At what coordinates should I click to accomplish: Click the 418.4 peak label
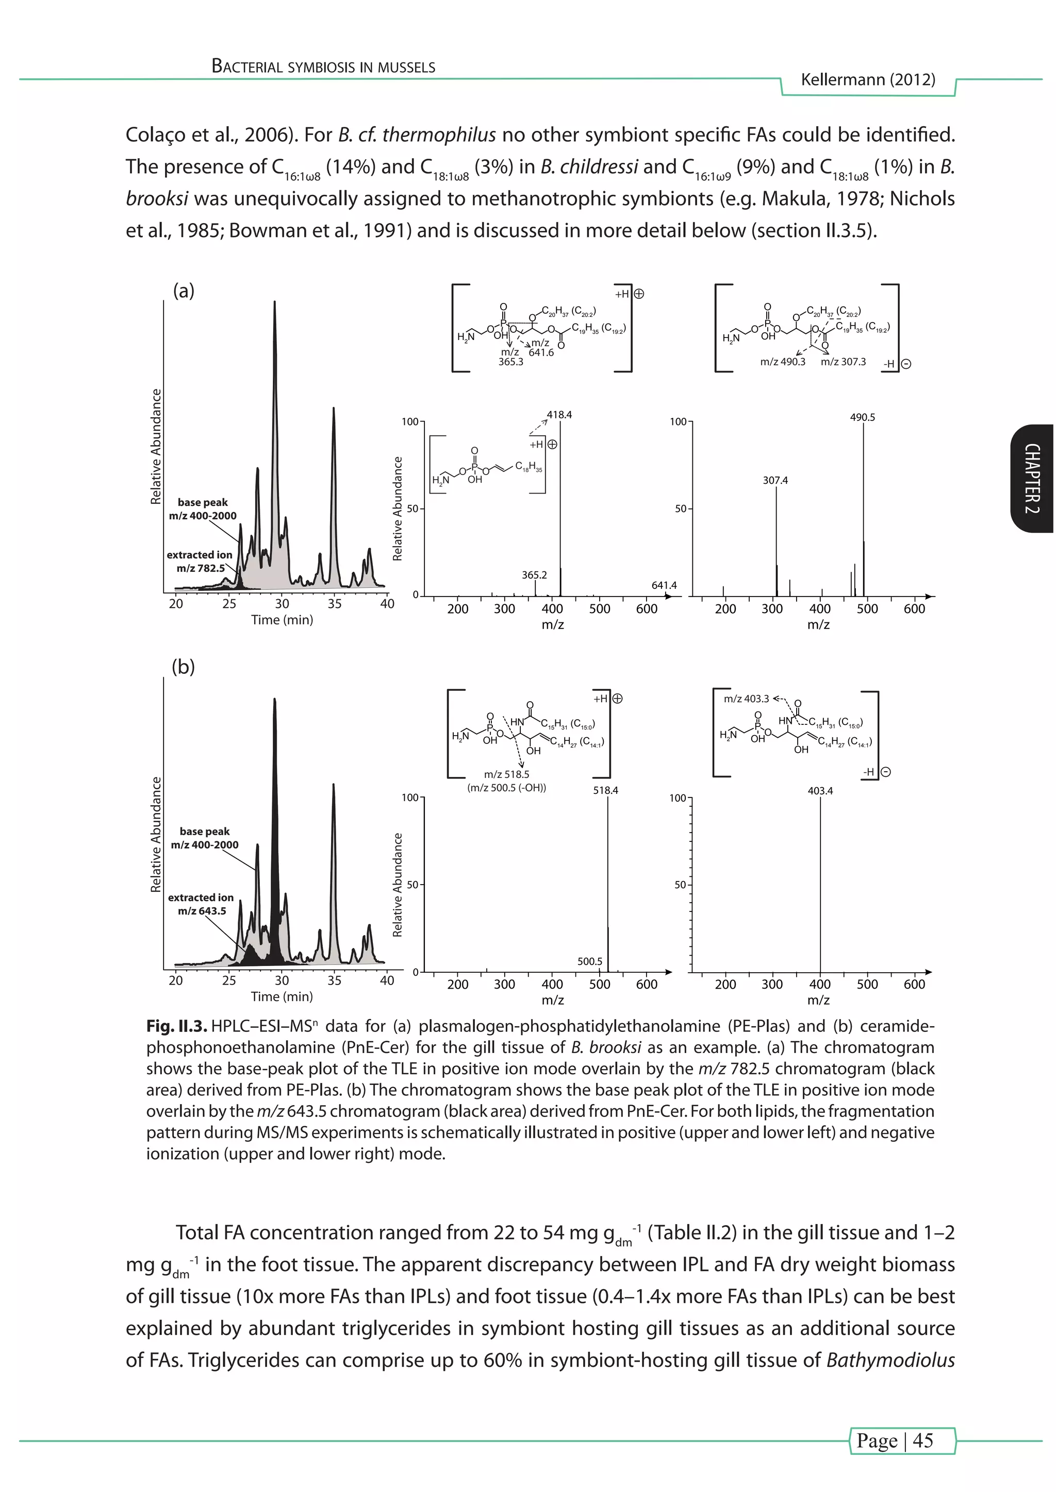click(x=559, y=415)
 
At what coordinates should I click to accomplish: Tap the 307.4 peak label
click(x=775, y=480)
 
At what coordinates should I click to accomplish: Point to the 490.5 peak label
click(x=862, y=417)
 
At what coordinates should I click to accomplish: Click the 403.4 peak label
click(x=820, y=791)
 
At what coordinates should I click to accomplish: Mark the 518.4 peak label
click(x=605, y=790)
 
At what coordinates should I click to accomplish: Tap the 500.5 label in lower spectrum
click(x=590, y=961)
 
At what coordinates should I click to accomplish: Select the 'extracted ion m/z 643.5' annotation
click(x=201, y=904)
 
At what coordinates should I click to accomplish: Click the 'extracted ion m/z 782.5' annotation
click(x=200, y=562)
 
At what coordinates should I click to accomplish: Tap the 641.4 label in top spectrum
click(x=664, y=585)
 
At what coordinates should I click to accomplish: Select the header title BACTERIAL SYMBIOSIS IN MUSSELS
click(x=323, y=66)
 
